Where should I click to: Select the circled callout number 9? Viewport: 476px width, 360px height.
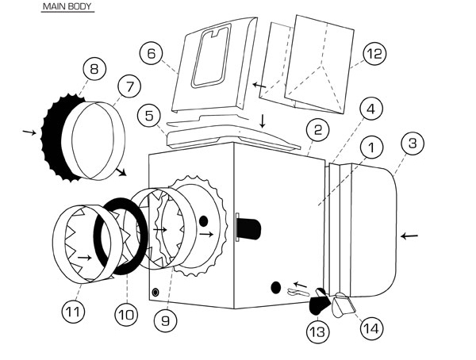coord(165,320)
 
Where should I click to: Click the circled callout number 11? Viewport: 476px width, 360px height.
coord(72,312)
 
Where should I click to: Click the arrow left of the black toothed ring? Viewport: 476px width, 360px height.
coord(29,132)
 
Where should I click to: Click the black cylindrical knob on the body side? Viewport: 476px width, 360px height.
coord(249,227)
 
